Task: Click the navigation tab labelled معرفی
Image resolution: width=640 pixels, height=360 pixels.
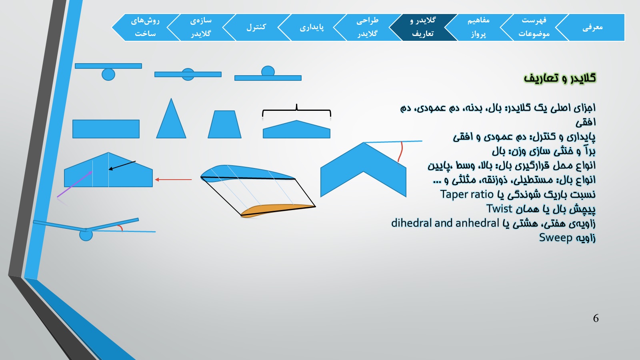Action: pos(592,28)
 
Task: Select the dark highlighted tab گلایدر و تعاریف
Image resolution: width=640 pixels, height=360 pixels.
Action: pos(423,28)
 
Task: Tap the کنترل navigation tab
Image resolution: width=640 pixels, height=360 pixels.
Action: pos(256,28)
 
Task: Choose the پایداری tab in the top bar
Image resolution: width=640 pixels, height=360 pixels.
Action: pos(312,28)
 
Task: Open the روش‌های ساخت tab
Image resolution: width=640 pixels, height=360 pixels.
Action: pos(145,28)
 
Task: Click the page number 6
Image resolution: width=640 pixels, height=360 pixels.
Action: pos(596,318)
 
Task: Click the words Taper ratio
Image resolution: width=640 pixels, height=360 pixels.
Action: pos(467,194)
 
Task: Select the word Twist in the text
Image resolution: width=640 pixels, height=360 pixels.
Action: pos(499,208)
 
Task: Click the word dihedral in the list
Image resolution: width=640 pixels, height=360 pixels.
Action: pos(411,223)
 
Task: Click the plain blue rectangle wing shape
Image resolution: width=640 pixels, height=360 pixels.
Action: pos(106,129)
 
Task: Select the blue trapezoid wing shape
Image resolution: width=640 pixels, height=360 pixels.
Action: pos(224,124)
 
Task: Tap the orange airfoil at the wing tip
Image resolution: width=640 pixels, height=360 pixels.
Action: pos(278,210)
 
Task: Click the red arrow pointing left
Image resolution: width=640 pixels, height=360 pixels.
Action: pos(173,180)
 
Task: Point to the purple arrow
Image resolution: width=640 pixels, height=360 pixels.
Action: pos(74,184)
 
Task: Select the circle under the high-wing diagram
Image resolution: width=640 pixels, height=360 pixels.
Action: pos(108,74)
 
